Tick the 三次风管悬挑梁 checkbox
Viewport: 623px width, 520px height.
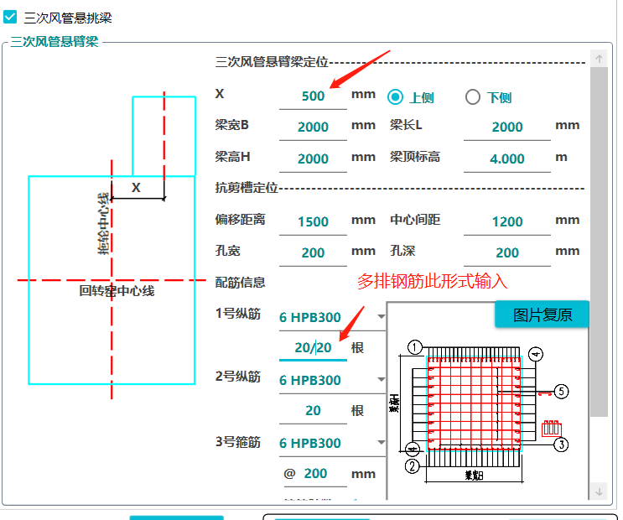click(x=11, y=16)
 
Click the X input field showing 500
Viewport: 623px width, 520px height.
click(x=313, y=96)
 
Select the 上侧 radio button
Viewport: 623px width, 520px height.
click(x=396, y=96)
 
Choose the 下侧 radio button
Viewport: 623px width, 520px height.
click(x=473, y=96)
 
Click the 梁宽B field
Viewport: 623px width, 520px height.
click(x=313, y=127)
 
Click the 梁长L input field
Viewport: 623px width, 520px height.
click(x=506, y=127)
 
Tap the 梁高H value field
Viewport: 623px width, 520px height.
click(x=313, y=159)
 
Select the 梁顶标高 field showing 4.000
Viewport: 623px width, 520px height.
click(x=506, y=159)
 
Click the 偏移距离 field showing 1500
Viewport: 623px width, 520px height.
click(x=313, y=221)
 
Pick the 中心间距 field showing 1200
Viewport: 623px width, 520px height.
click(x=506, y=221)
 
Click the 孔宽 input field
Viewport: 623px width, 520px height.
click(x=313, y=252)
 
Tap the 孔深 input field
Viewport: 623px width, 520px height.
click(x=506, y=252)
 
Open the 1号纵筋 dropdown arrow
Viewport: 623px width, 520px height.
click(x=382, y=317)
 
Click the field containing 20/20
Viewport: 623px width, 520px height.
click(x=313, y=347)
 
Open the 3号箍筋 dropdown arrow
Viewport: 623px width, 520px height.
click(x=382, y=443)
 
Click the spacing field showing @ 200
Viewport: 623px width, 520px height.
click(x=314, y=473)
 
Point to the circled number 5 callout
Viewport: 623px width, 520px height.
click(x=562, y=391)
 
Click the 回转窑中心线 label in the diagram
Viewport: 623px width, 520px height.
click(x=117, y=291)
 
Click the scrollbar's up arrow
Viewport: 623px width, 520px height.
click(x=599, y=59)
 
